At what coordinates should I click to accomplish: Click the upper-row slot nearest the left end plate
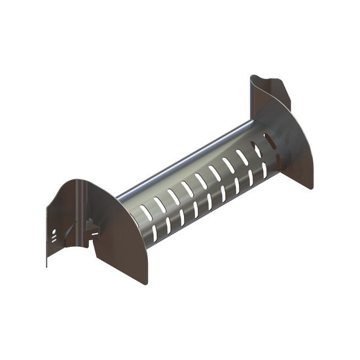tap(142, 211)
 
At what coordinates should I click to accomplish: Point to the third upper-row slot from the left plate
tap(171, 196)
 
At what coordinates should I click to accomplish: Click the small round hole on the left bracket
tap(54, 232)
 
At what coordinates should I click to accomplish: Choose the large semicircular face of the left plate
tap(124, 245)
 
